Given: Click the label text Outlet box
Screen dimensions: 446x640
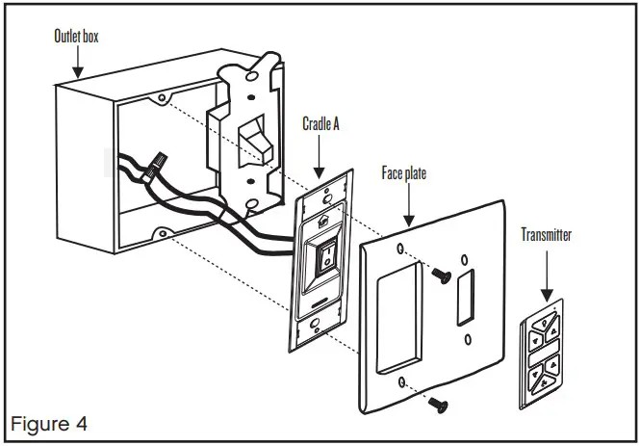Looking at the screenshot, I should [x=76, y=39].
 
